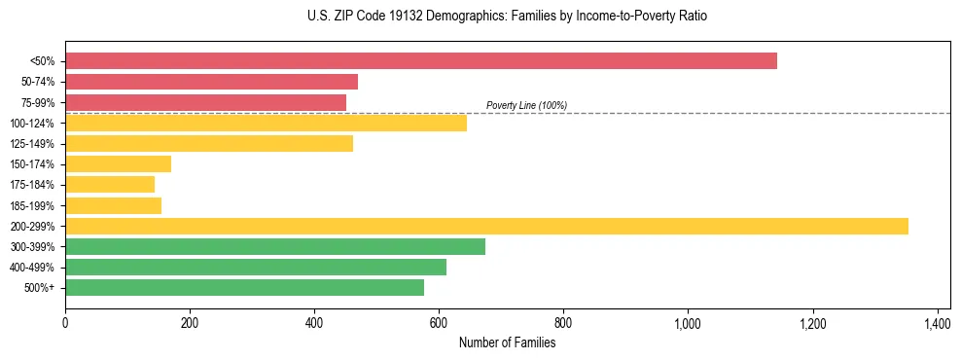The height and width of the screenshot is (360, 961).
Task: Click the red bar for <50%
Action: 420,61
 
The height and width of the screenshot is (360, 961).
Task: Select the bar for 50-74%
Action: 211,82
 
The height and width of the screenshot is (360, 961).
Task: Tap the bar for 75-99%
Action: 205,102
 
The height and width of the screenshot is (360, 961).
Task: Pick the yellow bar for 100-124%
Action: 266,123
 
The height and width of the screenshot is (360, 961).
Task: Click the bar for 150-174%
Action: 118,163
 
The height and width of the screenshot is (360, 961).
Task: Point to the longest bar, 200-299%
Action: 486,226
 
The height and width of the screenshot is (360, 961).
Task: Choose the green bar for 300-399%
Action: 275,246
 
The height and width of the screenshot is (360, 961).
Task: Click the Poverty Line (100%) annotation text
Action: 526,105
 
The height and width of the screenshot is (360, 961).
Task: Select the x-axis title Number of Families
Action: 507,342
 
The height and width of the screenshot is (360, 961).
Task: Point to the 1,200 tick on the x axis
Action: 812,323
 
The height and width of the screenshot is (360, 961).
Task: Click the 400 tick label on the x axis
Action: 314,323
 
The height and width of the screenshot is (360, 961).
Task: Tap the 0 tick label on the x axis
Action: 65,323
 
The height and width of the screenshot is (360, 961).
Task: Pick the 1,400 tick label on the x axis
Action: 937,323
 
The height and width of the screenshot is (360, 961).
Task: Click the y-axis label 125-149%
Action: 32,144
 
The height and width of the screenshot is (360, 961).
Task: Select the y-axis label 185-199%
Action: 32,205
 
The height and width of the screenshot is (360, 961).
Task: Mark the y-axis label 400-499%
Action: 32,268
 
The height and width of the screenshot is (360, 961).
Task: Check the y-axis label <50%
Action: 42,61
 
